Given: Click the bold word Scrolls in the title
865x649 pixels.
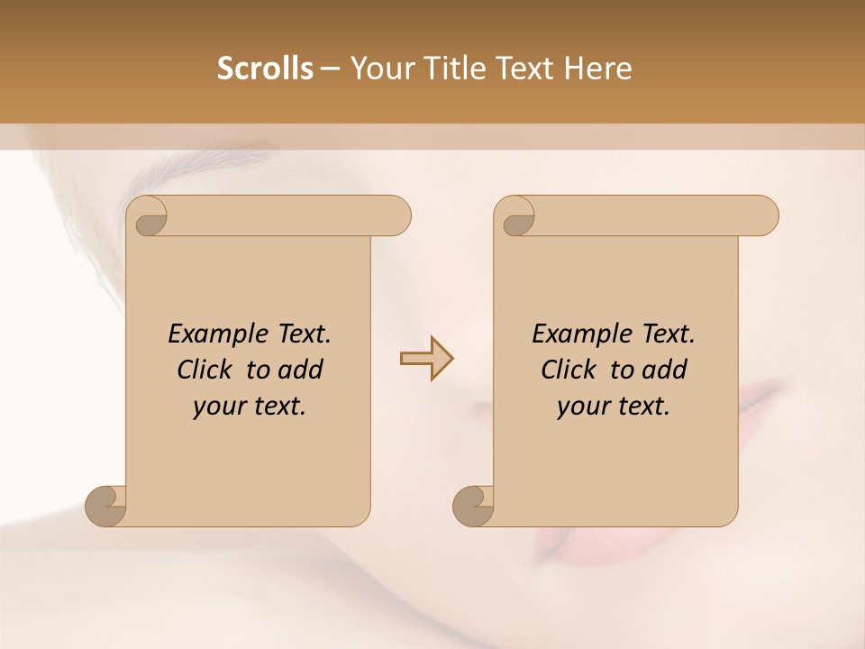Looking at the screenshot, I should (x=265, y=69).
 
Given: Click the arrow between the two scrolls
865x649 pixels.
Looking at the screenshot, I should (x=426, y=359).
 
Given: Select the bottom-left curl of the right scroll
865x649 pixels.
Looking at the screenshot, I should (x=474, y=507).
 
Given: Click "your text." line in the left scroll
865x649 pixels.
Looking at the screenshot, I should (x=250, y=407).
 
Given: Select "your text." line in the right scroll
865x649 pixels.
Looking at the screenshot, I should (x=614, y=407).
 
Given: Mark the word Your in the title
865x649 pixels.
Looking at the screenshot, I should (x=383, y=69).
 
